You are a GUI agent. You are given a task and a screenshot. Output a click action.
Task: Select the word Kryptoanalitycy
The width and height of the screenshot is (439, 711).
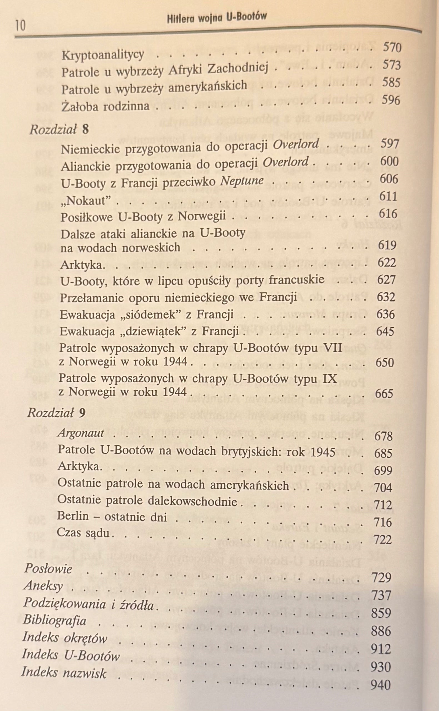click(x=103, y=55)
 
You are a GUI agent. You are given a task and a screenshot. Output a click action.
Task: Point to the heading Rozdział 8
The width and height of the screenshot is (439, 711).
click(x=59, y=129)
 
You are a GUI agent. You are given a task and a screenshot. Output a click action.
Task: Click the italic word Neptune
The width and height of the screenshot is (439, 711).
click(x=242, y=181)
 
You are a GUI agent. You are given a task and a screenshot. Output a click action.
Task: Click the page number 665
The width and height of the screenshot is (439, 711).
click(x=384, y=394)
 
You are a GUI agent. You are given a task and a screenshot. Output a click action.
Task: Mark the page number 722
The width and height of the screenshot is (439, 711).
click(x=383, y=540)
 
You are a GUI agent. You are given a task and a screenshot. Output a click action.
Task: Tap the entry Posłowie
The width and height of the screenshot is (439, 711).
click(x=48, y=568)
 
